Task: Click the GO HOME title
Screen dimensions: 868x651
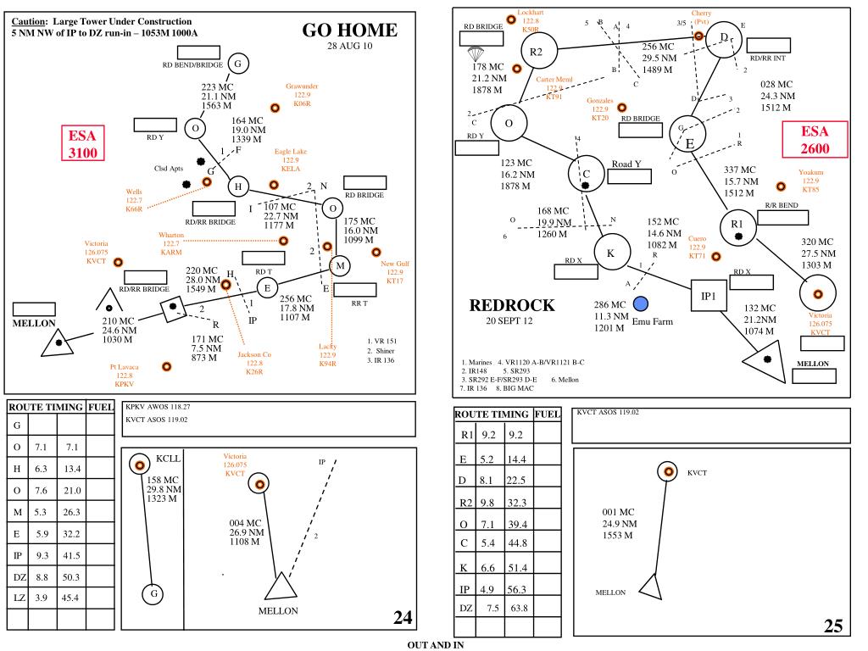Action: [x=350, y=30]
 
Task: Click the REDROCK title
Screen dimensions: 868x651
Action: [x=512, y=305]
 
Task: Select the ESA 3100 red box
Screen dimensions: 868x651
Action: [x=83, y=143]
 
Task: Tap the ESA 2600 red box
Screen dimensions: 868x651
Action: [x=815, y=140]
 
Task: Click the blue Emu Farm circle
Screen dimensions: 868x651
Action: [x=641, y=303]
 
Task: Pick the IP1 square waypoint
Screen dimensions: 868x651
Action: [x=709, y=296]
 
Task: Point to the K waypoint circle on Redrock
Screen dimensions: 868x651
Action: [x=612, y=253]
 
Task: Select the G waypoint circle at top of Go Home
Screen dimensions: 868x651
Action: [x=238, y=64]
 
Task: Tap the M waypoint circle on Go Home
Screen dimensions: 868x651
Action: [x=340, y=266]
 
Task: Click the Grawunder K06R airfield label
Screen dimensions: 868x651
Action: [x=302, y=95]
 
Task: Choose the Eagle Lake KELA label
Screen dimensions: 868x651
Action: [x=291, y=160]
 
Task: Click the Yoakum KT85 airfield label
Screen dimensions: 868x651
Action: [x=810, y=181]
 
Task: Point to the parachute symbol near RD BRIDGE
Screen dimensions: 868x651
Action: [x=476, y=54]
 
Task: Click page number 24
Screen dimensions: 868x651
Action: [x=403, y=617]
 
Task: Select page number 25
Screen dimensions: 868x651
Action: [x=833, y=626]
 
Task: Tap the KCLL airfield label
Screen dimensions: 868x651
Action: [x=169, y=459]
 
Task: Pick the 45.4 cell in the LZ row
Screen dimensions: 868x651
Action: [x=70, y=598]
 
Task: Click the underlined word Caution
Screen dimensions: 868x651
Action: [x=29, y=21]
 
